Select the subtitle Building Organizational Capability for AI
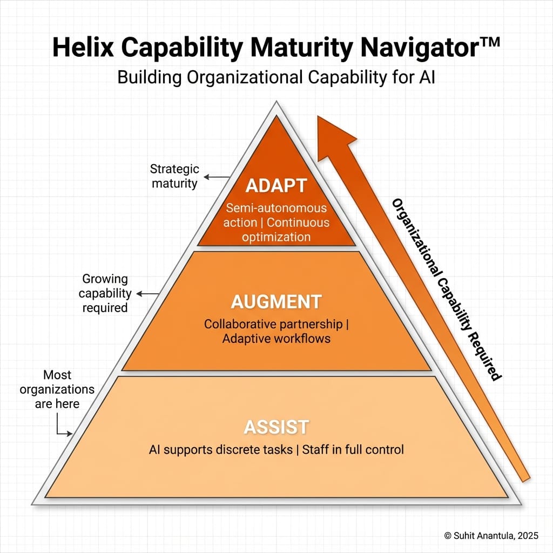(x=276, y=77)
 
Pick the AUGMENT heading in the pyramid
(x=276, y=302)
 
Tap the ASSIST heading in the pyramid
(x=276, y=427)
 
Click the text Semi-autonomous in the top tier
(x=276, y=208)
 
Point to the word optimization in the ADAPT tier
(x=276, y=237)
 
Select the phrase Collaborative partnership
(x=273, y=324)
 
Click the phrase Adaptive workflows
(x=276, y=339)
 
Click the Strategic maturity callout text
(x=174, y=176)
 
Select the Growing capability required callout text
(x=105, y=293)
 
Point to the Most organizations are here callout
(x=57, y=389)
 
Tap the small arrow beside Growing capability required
(x=147, y=294)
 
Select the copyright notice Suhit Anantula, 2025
(x=491, y=535)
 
